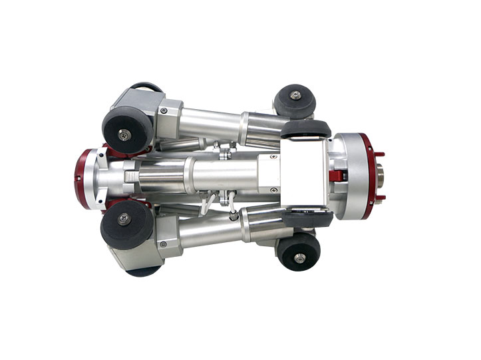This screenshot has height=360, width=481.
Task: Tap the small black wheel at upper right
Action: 294,100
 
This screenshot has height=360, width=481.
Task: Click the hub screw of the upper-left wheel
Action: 124,136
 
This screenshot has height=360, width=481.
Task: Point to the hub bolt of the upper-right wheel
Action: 295,96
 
